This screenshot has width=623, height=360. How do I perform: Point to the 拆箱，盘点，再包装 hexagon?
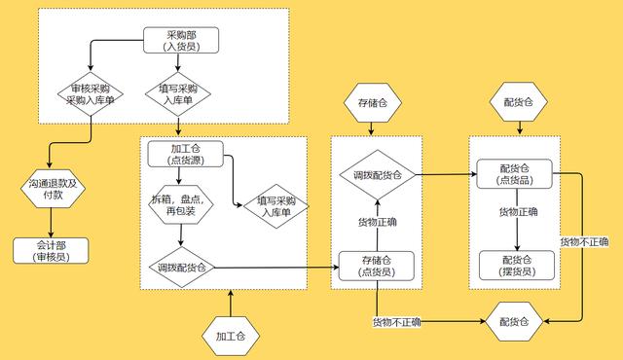click(181, 205)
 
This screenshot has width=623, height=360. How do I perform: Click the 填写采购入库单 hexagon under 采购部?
click(177, 93)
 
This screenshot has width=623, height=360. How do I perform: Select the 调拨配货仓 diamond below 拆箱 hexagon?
click(181, 267)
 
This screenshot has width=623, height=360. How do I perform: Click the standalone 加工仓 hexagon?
click(232, 336)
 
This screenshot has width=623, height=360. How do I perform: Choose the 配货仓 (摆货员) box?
click(516, 265)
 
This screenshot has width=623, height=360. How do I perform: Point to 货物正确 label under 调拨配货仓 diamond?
click(376, 222)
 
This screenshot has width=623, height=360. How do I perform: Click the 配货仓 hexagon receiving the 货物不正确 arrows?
click(515, 321)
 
